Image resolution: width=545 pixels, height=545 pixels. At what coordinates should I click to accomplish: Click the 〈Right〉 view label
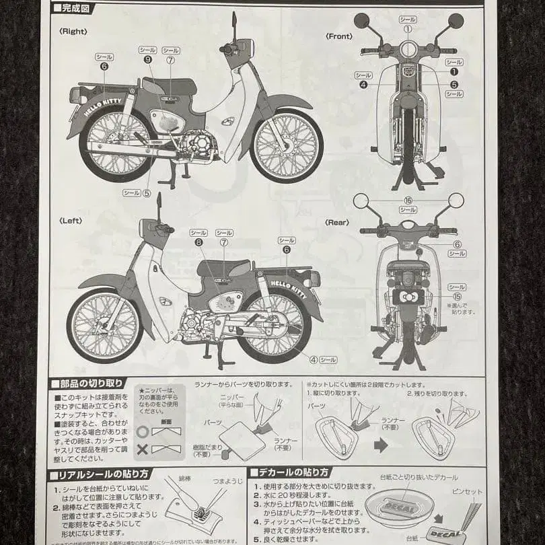click(73, 30)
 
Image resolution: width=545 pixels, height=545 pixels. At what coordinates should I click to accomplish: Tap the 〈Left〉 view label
click(71, 220)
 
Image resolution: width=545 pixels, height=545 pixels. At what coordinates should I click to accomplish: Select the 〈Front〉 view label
click(338, 36)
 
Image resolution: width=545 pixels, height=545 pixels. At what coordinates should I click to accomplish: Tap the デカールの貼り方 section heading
click(292, 472)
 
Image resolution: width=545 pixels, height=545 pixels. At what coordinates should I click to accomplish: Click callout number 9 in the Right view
click(147, 59)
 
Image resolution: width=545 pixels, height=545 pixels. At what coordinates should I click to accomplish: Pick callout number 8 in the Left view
click(199, 242)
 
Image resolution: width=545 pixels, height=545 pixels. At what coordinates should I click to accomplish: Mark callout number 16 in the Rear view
click(408, 201)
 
